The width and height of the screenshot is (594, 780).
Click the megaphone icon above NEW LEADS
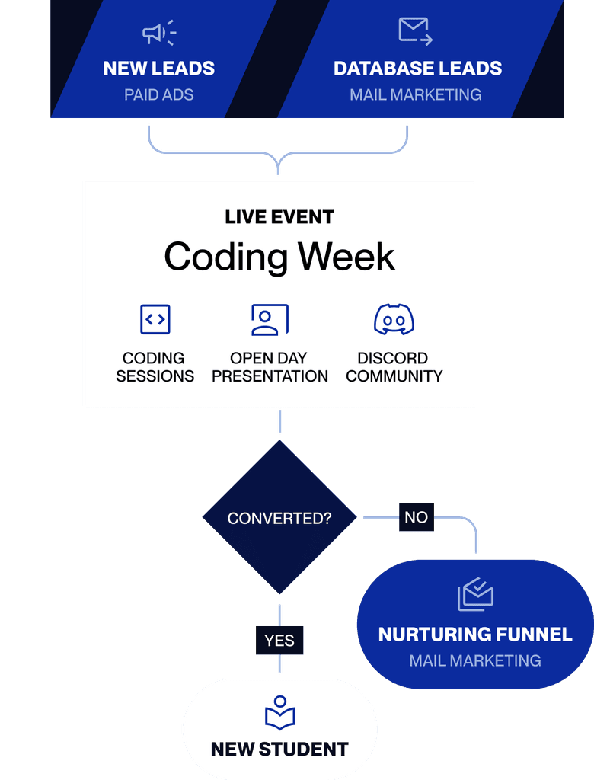tap(159, 33)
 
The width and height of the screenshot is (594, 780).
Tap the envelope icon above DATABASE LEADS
tap(415, 31)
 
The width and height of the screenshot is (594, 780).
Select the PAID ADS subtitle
tap(158, 94)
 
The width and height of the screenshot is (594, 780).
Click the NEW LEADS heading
tap(158, 68)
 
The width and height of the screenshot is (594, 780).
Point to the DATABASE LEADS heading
tap(417, 68)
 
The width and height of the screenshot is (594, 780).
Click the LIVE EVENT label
tap(279, 217)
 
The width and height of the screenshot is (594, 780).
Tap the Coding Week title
tap(279, 257)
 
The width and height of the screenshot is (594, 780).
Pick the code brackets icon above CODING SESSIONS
tap(155, 319)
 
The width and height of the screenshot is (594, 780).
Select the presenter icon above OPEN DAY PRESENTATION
tap(270, 319)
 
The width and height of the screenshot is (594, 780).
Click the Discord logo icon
tap(394, 319)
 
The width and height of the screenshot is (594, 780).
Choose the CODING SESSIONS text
tap(155, 367)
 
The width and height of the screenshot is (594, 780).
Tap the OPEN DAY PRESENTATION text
tap(270, 367)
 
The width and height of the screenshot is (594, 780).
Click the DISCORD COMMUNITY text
tap(394, 367)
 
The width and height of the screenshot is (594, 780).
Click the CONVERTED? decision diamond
tap(279, 517)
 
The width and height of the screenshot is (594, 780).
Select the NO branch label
tap(417, 517)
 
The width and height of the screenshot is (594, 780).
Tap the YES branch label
tap(279, 640)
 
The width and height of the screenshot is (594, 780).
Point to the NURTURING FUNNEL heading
tap(475, 635)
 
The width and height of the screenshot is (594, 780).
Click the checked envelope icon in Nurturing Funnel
tap(475, 594)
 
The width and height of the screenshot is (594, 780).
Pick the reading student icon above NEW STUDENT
tap(279, 713)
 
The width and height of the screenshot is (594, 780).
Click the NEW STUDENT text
tap(279, 750)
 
